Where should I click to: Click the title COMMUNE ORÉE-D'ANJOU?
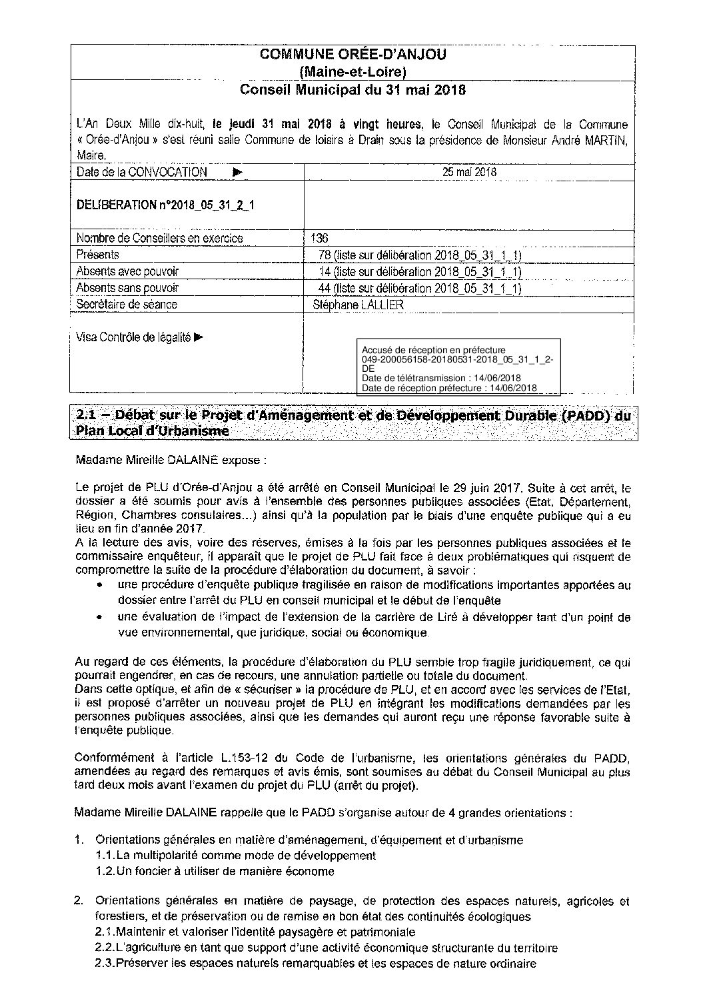click(352, 55)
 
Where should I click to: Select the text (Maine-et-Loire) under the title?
click(352, 72)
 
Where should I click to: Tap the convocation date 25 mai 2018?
click(469, 172)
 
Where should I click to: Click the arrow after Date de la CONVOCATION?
click(238, 172)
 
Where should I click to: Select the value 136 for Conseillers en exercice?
click(320, 238)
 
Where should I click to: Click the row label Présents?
click(97, 255)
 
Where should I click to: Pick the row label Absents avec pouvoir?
click(127, 271)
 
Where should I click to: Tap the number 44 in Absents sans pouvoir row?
click(326, 288)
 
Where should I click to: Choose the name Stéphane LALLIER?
click(358, 305)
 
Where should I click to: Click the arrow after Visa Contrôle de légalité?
click(199, 337)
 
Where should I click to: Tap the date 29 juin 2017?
click(487, 489)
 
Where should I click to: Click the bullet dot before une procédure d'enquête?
click(99, 585)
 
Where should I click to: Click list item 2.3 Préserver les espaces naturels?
click(315, 964)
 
